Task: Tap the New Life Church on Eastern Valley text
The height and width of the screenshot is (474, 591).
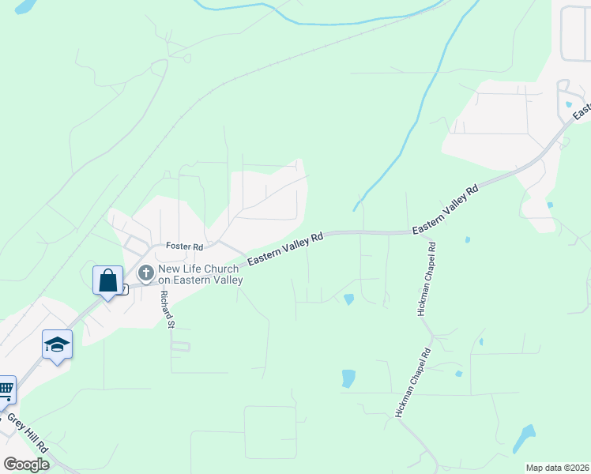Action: [199, 274]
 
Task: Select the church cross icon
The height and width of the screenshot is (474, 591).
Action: [145, 273]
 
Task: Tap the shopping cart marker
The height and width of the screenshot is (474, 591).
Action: [6, 389]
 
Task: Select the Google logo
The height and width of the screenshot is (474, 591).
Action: [26, 465]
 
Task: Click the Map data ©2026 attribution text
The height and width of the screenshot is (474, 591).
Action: [557, 468]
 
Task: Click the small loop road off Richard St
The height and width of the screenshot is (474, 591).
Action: [181, 346]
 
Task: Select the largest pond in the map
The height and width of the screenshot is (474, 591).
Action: [523, 439]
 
